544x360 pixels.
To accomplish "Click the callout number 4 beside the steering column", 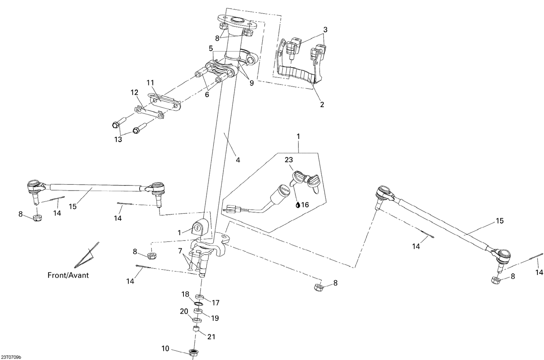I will coord(238,160).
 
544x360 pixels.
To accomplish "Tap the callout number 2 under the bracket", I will coord(322,105).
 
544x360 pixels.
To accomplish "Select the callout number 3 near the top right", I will coord(325,30).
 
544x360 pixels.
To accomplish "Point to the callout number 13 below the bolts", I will coord(118,139).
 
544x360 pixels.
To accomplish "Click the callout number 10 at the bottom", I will coord(165,349).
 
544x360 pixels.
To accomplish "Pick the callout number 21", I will coord(211,337).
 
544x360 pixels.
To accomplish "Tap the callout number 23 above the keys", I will coord(288,159).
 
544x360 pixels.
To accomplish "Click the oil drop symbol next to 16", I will coord(298,205).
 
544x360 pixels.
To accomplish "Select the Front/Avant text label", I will coord(68,275).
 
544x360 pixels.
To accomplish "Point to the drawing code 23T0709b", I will coord(11,357).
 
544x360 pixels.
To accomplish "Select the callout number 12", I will coord(135,93).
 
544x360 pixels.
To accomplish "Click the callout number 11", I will coord(151,83).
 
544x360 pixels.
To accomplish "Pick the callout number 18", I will coord(185,294).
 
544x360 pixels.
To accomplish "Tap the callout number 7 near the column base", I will coord(180,251).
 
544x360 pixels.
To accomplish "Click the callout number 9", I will coord(251,83).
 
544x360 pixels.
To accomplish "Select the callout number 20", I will coord(184,311).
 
